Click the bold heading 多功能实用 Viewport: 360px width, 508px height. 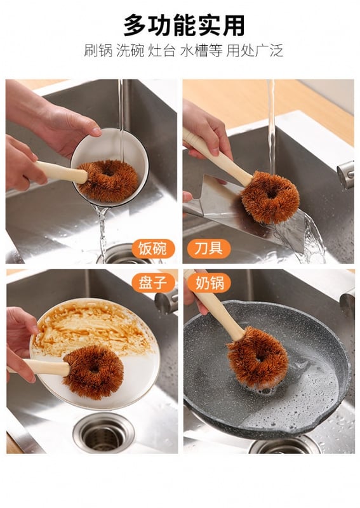point(184,25)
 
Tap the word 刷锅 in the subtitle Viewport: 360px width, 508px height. point(98,51)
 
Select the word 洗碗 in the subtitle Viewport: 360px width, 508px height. point(130,51)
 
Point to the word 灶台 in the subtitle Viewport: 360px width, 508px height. point(162,51)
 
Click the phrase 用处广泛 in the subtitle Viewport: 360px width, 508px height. point(255,51)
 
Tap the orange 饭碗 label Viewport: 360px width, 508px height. point(153,248)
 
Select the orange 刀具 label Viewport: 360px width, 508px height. point(209,248)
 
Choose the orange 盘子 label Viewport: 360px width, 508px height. point(153,283)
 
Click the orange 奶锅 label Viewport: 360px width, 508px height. point(209,283)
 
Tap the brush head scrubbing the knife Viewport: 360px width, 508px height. point(270,197)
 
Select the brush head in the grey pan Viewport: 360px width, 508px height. point(258,358)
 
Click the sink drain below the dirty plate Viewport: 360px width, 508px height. point(103,432)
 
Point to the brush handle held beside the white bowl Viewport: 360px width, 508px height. point(62,171)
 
